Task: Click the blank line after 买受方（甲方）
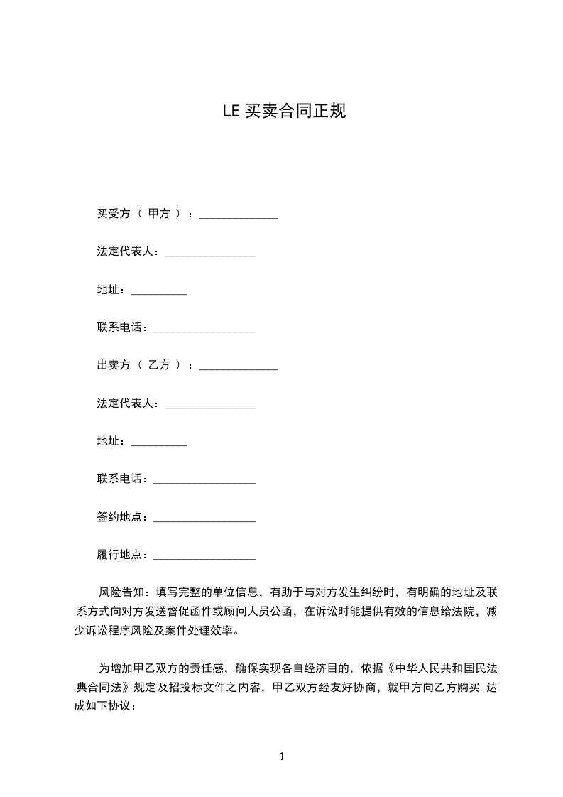[x=239, y=216]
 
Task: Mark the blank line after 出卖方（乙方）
[x=239, y=368]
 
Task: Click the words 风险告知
[x=121, y=592]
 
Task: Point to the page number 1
[x=282, y=757]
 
